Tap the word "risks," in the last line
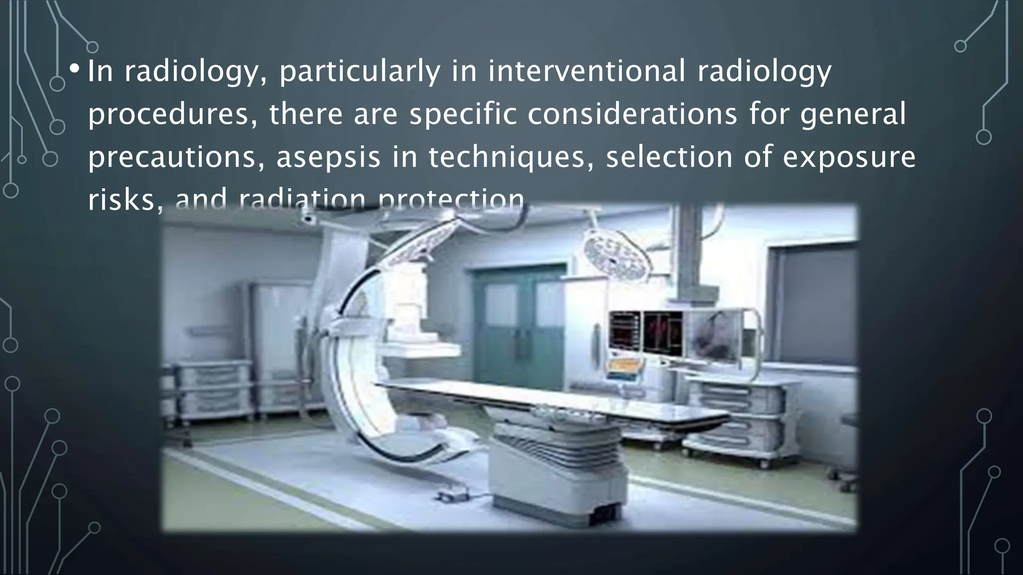point(125,201)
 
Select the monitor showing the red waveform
point(662,333)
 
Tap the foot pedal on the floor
point(453,496)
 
